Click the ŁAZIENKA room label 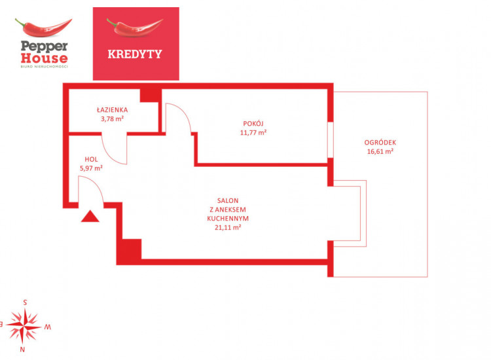point(112,109)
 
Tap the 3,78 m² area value point(112,118)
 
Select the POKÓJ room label point(253,123)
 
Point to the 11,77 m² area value point(253,132)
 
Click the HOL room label point(91,159)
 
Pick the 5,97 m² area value point(91,168)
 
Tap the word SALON point(228,201)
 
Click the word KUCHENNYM point(228,219)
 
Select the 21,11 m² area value point(228,228)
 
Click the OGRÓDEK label point(380,143)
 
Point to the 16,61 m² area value point(380,151)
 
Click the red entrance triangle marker point(90,216)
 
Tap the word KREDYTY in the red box point(135,54)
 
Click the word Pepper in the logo point(44,46)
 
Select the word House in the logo point(44,58)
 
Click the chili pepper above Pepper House point(43,27)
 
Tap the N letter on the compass point(22,350)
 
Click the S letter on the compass point(25,302)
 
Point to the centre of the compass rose point(24,326)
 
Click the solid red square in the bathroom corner point(151,96)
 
